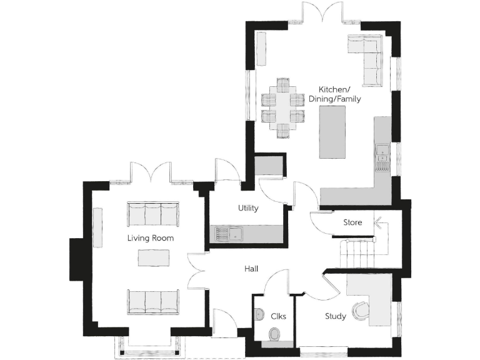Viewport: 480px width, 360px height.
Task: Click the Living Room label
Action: (x=151, y=238)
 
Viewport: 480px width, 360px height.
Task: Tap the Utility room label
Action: (x=248, y=208)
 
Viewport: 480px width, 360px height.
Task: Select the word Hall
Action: (x=252, y=269)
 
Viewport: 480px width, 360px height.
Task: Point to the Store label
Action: (x=352, y=222)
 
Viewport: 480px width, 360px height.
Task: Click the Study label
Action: (x=335, y=316)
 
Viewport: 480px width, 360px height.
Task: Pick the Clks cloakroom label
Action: (x=279, y=316)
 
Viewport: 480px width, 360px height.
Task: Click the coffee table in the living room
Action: (x=154, y=258)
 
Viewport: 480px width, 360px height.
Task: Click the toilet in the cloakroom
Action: (x=274, y=336)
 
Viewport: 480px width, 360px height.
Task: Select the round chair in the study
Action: (x=361, y=311)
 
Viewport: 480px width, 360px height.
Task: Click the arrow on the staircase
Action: (x=377, y=221)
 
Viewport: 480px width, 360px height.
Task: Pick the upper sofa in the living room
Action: (x=153, y=214)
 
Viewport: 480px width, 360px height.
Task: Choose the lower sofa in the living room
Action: (x=153, y=302)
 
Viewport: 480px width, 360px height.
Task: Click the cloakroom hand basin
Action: (x=259, y=314)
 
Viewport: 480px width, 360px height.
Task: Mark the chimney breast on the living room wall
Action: (x=77, y=259)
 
